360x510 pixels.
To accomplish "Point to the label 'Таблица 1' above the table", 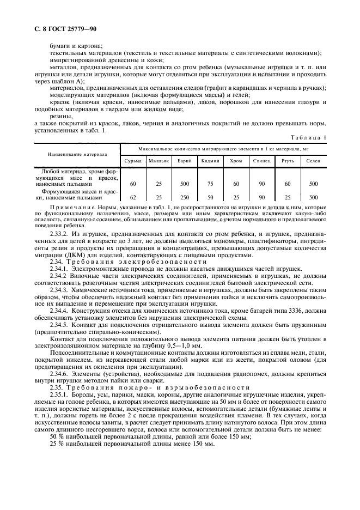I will click(308, 138).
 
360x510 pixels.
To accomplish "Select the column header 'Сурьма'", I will click(133, 161).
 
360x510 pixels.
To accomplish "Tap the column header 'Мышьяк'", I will click(159, 161).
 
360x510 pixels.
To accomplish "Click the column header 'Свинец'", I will click(261, 161).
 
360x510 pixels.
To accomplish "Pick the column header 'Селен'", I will click(313, 161).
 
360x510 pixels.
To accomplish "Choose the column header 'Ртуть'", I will click(288, 161).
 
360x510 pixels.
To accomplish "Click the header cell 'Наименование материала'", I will click(77, 154).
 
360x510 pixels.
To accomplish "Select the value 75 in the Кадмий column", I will click(210, 184).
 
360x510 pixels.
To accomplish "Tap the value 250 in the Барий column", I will click(185, 197).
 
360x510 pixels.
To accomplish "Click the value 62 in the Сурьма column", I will click(133, 197).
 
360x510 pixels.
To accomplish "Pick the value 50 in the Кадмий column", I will click(210, 197).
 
